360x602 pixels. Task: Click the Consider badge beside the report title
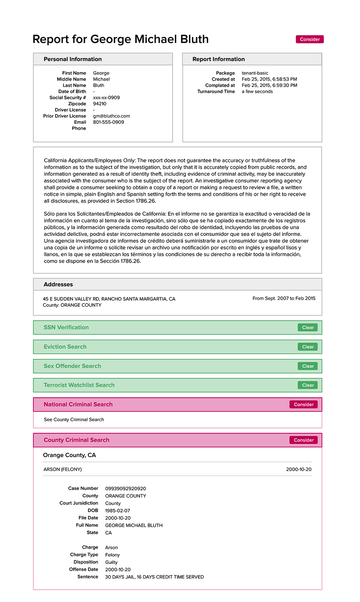pyautogui.click(x=310, y=39)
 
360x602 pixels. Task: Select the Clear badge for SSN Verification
pyautogui.click(x=308, y=328)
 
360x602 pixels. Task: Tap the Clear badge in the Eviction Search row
pyautogui.click(x=308, y=347)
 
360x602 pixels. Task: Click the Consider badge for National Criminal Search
pyautogui.click(x=303, y=404)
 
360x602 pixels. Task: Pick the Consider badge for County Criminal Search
pyautogui.click(x=303, y=440)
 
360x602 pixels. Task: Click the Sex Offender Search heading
pyautogui.click(x=72, y=366)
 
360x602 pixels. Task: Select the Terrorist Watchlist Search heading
pyautogui.click(x=79, y=385)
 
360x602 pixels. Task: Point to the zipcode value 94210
pyautogui.click(x=100, y=104)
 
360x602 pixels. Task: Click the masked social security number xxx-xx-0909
pyautogui.click(x=106, y=98)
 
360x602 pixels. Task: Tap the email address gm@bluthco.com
pyautogui.click(x=111, y=116)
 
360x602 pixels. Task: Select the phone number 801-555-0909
pyautogui.click(x=108, y=122)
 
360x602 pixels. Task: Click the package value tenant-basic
pyautogui.click(x=255, y=73)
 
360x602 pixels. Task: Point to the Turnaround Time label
pyautogui.click(x=216, y=92)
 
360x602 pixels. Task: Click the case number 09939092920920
pyautogui.click(x=125, y=489)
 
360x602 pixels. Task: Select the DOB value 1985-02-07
pyautogui.click(x=117, y=511)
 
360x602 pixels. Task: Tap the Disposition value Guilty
pyautogui.click(x=111, y=562)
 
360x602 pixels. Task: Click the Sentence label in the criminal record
pyautogui.click(x=88, y=577)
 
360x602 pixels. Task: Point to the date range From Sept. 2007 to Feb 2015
pyautogui.click(x=284, y=299)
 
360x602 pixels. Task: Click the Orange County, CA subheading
pyautogui.click(x=69, y=455)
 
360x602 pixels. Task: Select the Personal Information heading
pyautogui.click(x=72, y=59)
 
